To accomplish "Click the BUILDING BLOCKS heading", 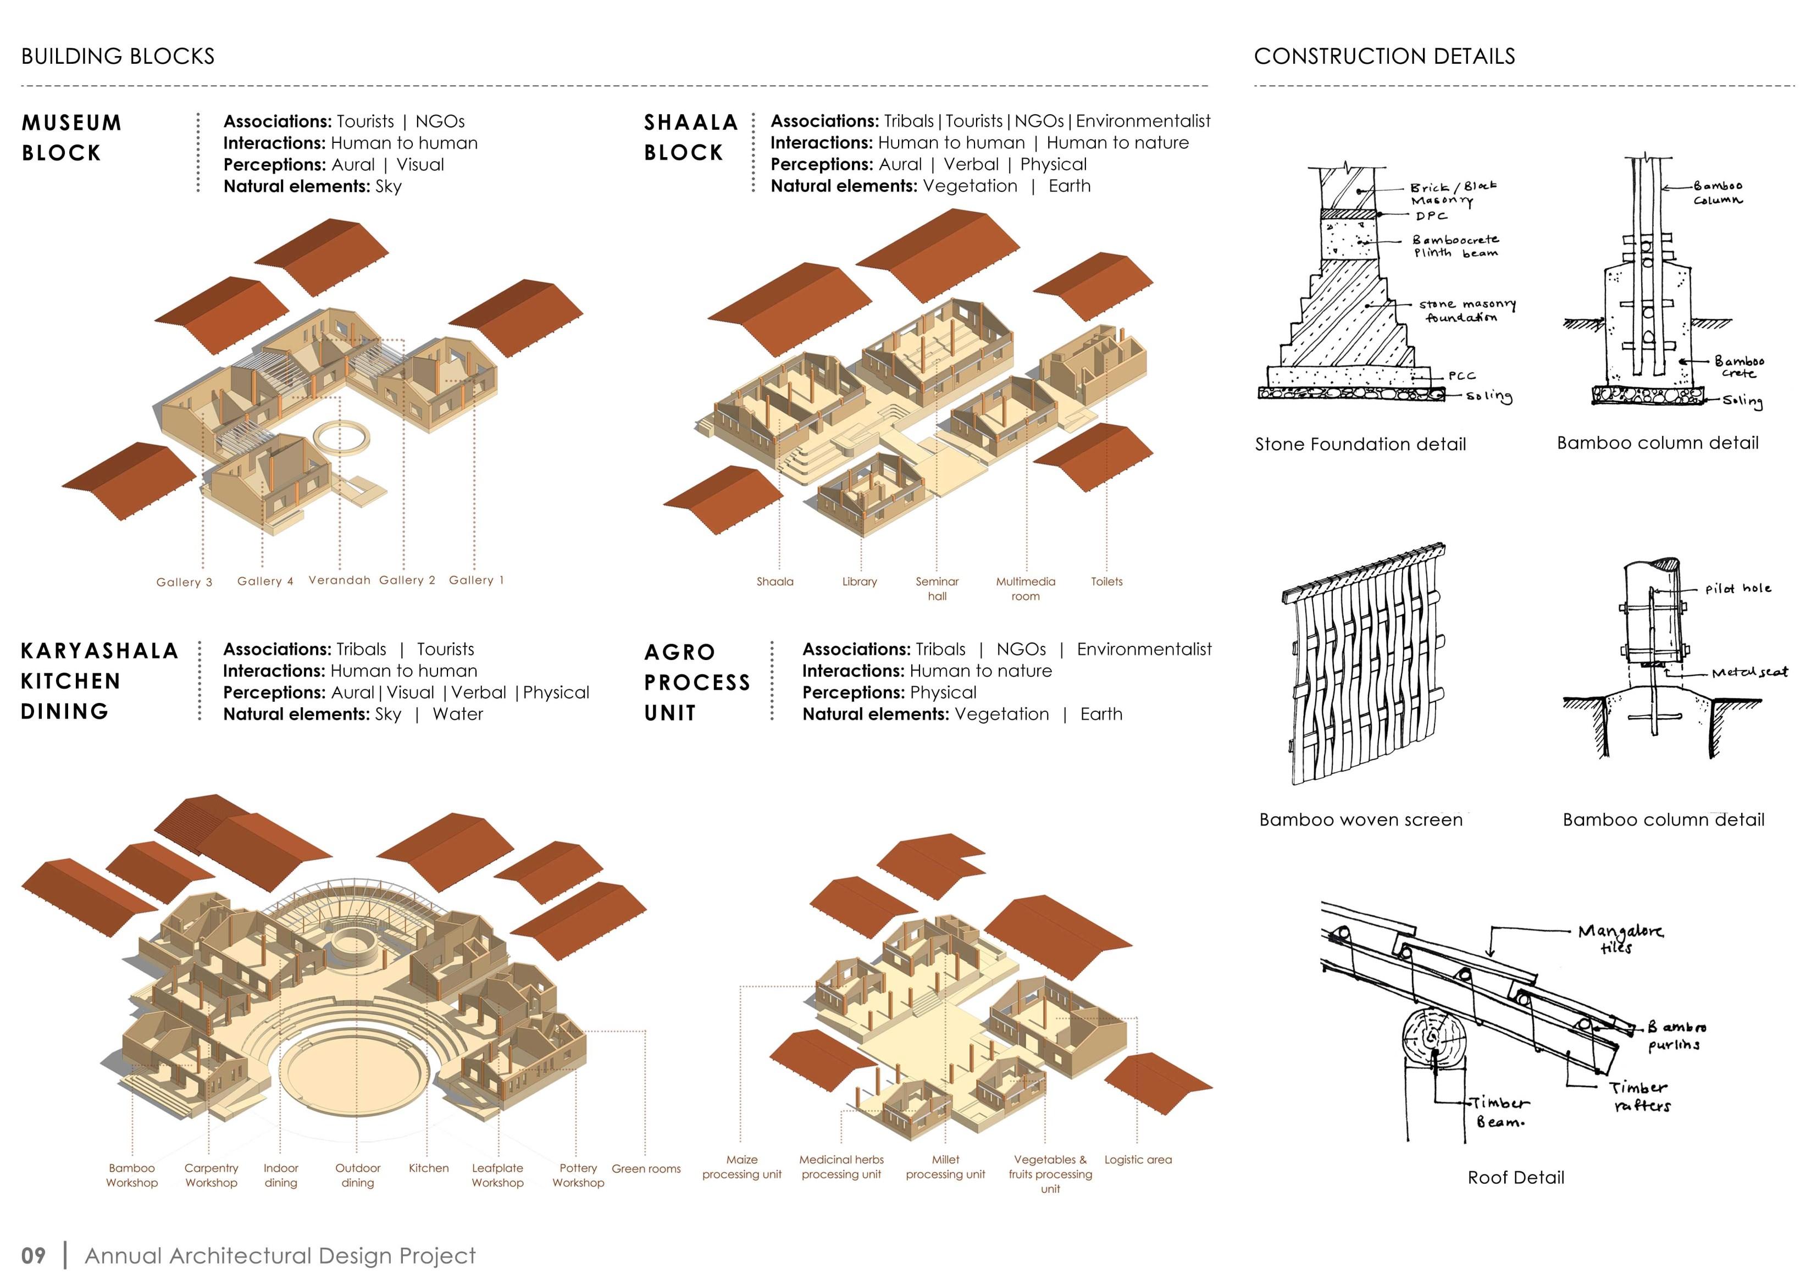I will pos(118,56).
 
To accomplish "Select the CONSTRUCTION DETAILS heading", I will pos(1384,56).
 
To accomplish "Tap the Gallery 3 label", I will pos(184,583).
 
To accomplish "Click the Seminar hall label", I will pos(937,589).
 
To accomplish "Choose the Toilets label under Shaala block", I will pos(1106,581).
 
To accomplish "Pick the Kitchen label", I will pos(428,1168).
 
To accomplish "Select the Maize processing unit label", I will pos(741,1166).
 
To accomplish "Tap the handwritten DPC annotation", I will pos(1431,216).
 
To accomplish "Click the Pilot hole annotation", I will pos(1737,589).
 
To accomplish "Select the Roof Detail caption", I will pos(1515,1177).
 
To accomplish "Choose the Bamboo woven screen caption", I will pos(1360,819).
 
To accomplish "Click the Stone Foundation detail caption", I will pos(1360,444).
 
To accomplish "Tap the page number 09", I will pos(33,1256).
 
